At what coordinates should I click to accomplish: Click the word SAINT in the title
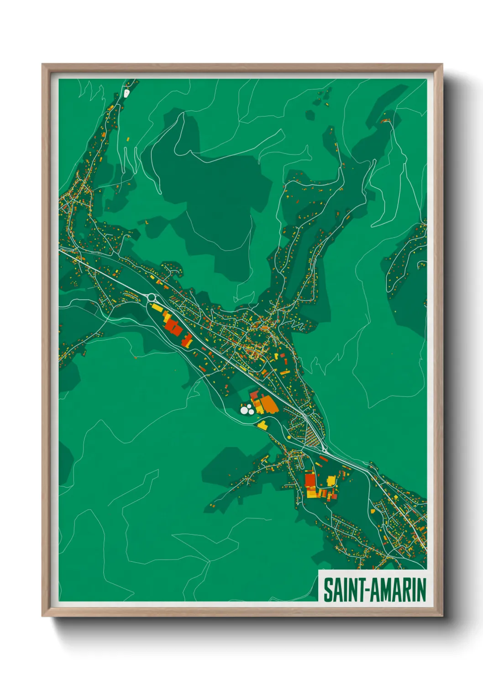tap(341, 590)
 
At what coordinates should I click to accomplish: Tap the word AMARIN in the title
tap(398, 590)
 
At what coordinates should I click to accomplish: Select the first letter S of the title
tap(327, 590)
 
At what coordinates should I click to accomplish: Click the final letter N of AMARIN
tap(422, 590)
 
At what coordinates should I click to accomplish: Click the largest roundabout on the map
tap(152, 297)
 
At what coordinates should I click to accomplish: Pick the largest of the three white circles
tap(245, 411)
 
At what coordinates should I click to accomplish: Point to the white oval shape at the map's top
tap(126, 93)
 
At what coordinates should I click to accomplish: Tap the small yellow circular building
tap(289, 437)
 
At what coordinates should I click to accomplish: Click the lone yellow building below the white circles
tap(262, 426)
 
